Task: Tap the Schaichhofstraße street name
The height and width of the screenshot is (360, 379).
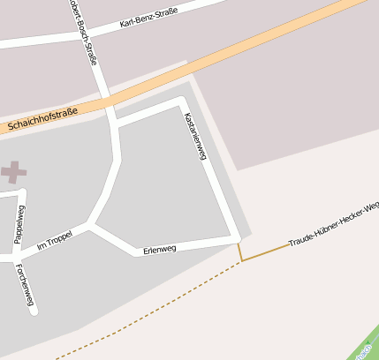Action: click(x=41, y=121)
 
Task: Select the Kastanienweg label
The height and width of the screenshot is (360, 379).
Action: click(x=195, y=137)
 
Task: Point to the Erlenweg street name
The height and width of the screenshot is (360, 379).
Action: click(x=159, y=250)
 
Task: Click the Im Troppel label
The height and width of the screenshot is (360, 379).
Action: click(x=54, y=239)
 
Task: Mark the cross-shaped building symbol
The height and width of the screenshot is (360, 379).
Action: click(x=12, y=172)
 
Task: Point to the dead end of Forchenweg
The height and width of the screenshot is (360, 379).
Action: click(x=33, y=311)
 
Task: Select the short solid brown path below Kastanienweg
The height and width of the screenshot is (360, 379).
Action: click(x=239, y=252)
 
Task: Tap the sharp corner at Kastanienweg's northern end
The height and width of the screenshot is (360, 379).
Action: click(x=183, y=102)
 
